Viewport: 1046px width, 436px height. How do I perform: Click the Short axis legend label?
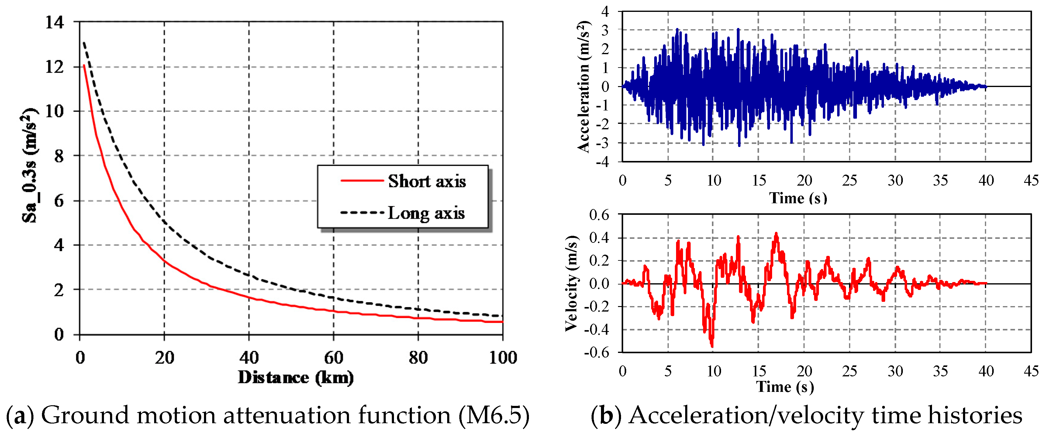pos(426,181)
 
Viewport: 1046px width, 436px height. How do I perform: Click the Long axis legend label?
pos(426,213)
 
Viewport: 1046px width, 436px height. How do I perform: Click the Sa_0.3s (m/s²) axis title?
pos(29,166)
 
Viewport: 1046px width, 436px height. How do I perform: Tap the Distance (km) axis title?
pos(295,378)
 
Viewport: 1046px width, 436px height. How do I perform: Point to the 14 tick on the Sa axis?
pos(54,22)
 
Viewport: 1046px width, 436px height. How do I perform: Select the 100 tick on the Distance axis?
pos(503,358)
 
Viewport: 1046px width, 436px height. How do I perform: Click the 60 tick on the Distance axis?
pos(333,358)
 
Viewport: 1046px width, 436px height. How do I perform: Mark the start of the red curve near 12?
pos(84,65)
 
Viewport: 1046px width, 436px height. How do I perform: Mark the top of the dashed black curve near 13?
pos(84,43)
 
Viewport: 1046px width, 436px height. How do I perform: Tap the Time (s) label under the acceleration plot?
pos(798,198)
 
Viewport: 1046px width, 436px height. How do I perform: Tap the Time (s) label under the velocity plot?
pos(785,386)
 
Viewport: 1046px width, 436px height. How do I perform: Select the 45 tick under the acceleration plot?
pos(1030,180)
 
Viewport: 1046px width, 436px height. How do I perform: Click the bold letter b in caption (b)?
pos(606,416)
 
